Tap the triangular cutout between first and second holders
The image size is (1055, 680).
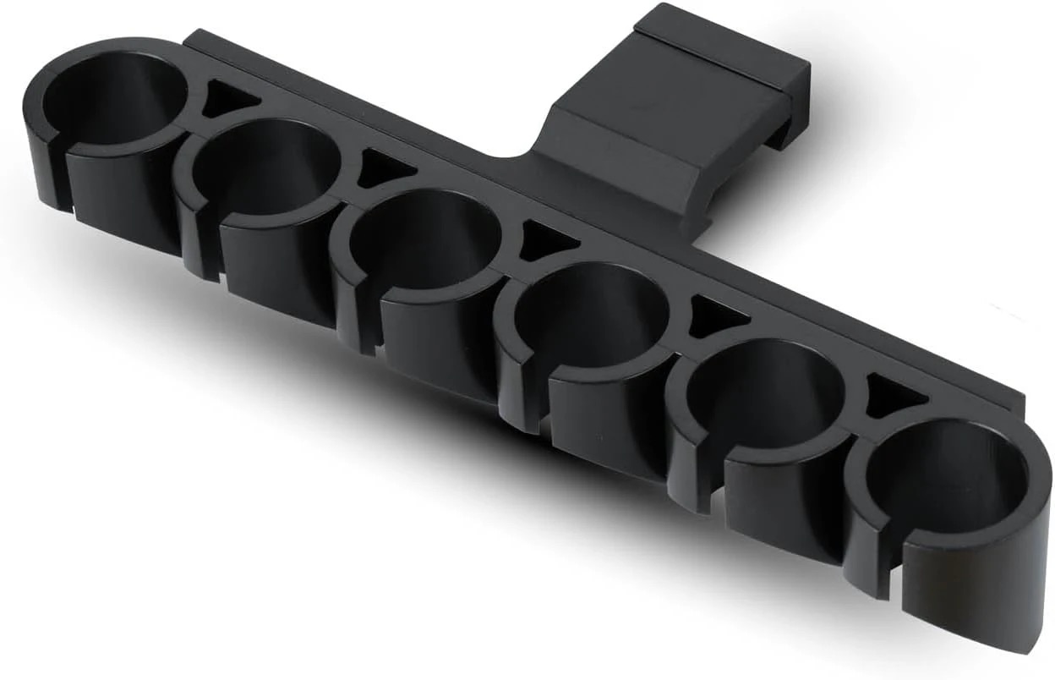[226, 99]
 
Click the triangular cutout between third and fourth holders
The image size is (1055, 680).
[545, 242]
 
